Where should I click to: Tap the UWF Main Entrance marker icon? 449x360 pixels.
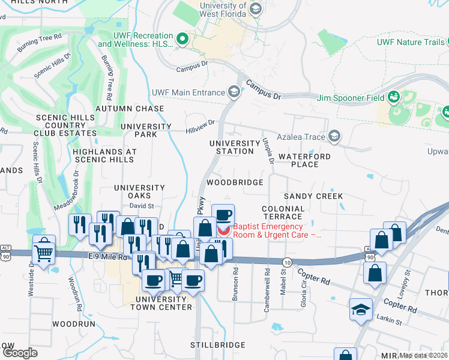(x=234, y=92)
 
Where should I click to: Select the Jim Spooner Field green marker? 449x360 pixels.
(x=394, y=97)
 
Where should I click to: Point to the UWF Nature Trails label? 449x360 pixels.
(x=411, y=42)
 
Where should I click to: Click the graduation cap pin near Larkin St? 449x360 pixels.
(x=361, y=310)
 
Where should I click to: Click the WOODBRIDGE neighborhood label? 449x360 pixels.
(x=235, y=182)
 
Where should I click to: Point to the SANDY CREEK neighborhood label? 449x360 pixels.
(x=313, y=196)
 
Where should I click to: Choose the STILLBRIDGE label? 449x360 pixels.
(x=218, y=345)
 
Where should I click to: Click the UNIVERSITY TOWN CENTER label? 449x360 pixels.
(x=164, y=303)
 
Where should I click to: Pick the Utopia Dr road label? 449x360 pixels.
(x=268, y=151)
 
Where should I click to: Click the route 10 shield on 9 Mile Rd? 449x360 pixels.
(x=287, y=262)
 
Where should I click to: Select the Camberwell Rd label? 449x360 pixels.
(x=267, y=281)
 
